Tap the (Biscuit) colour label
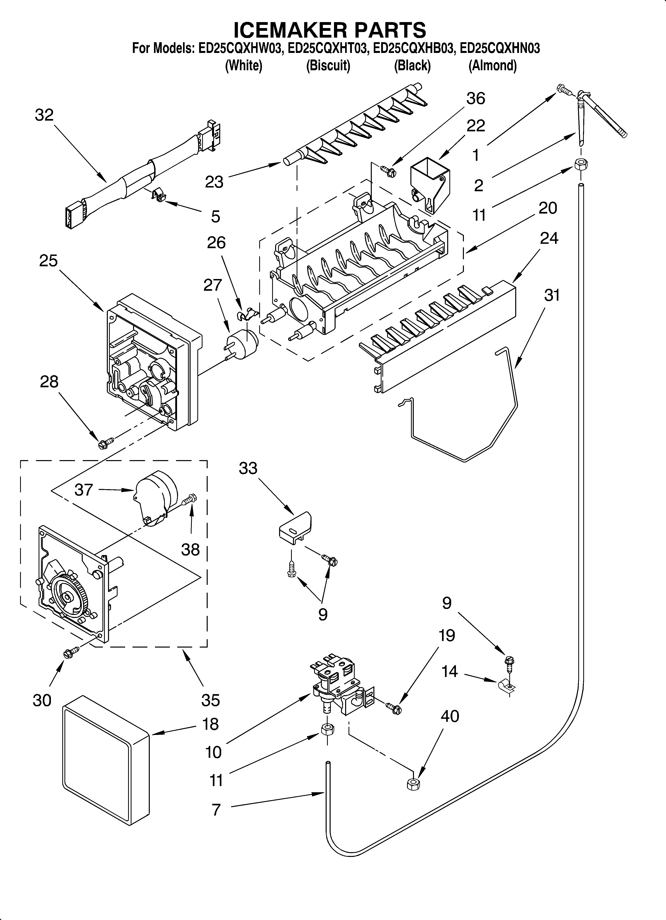point(328,65)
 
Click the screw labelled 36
point(388,171)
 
